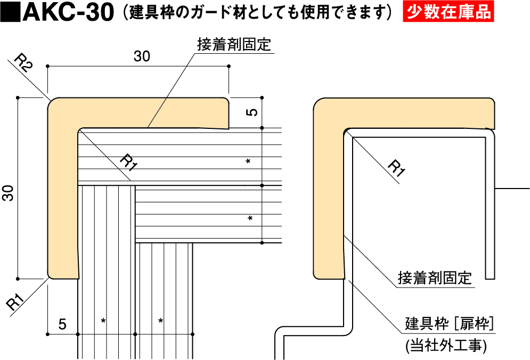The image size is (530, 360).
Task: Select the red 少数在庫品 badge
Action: click(x=448, y=12)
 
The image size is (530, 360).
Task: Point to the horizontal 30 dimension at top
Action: click(x=141, y=56)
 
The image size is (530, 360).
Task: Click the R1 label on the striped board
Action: click(x=128, y=161)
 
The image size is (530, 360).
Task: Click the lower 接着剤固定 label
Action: click(x=435, y=278)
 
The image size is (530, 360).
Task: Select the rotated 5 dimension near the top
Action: click(x=253, y=112)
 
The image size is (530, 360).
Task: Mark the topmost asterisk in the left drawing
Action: click(x=248, y=161)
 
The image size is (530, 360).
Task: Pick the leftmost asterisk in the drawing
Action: click(x=103, y=321)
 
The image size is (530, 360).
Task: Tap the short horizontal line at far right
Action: click(x=512, y=189)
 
